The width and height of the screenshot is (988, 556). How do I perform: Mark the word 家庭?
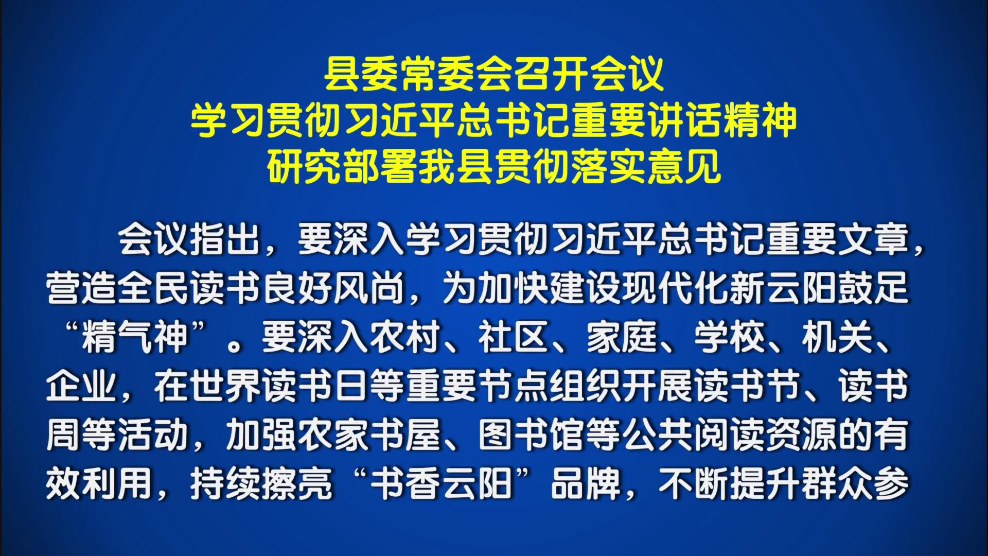pos(622,337)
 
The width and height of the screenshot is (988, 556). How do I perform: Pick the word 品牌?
pos(586,484)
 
